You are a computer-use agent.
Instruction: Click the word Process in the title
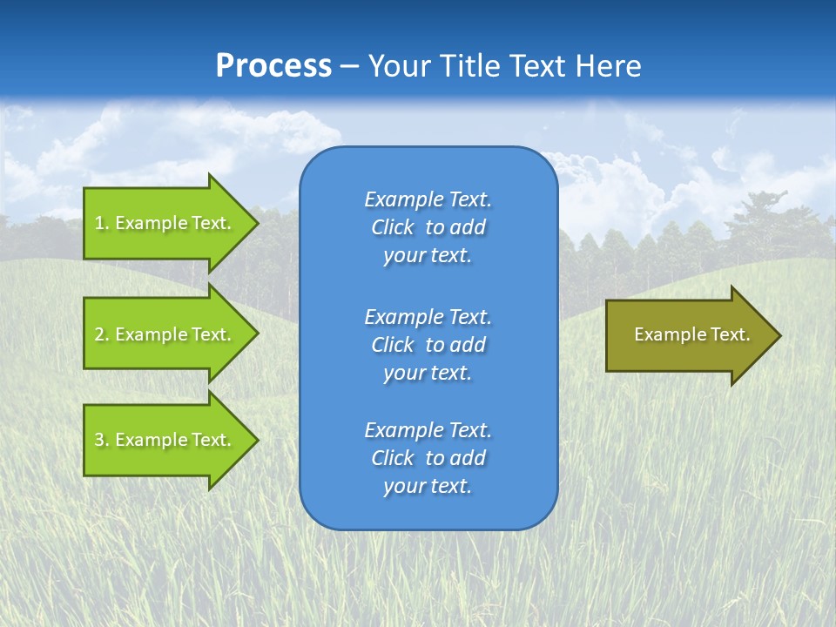point(273,66)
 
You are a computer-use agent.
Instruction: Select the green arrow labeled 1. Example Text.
point(165,223)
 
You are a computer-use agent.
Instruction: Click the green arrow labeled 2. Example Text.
point(165,334)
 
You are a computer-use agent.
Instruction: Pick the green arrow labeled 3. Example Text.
point(165,440)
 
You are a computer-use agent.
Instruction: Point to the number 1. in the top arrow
point(102,223)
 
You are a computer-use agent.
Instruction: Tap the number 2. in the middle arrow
point(102,334)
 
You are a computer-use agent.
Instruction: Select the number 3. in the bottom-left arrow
point(102,440)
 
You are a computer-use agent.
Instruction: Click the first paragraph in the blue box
point(428,227)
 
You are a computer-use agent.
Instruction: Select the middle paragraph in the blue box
point(428,345)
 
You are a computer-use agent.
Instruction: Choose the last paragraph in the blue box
point(428,458)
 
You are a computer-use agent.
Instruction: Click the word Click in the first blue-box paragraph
point(393,228)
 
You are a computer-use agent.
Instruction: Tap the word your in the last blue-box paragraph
point(401,487)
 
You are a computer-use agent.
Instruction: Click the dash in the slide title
point(350,66)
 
